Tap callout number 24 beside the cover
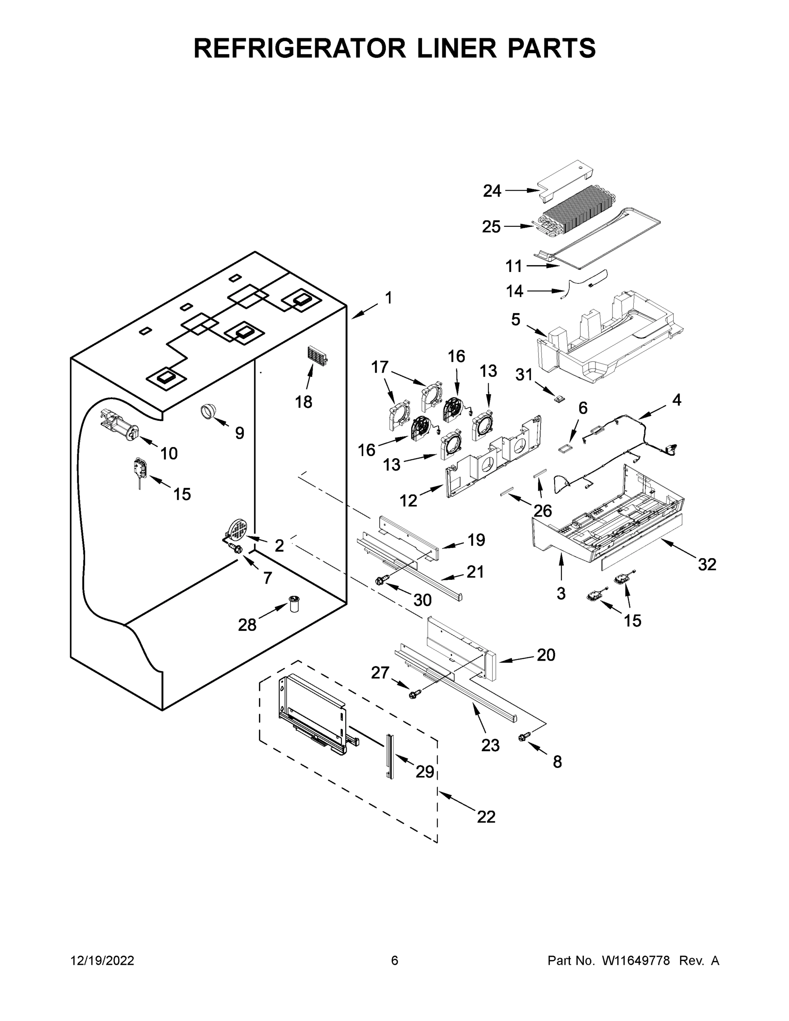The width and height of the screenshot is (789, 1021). coord(492,191)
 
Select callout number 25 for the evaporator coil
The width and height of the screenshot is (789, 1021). coord(491,227)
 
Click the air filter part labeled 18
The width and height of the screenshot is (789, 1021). coord(316,359)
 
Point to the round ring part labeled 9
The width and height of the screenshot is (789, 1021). coord(208,411)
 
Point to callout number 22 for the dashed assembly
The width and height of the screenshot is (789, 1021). coord(486,817)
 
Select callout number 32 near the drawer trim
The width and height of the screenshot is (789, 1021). coord(707,564)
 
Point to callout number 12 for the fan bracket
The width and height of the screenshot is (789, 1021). coord(408,500)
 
